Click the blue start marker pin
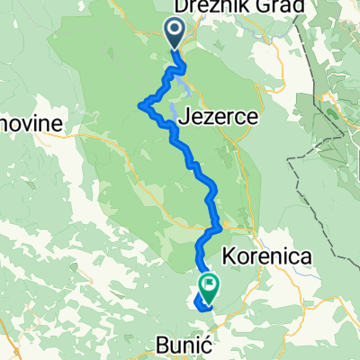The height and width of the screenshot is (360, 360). pos(174,34)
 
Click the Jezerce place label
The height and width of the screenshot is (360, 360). pos(221,117)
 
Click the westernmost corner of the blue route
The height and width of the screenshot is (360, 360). pos(140,105)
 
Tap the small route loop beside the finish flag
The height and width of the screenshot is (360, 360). pos(199,300)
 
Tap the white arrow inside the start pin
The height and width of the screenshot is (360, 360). pos(174,31)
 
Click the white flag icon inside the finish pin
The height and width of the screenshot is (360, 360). pos(209,284)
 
